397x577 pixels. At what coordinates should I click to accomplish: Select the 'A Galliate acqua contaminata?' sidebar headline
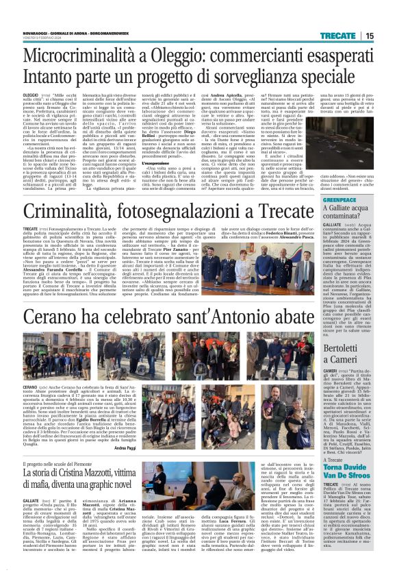[346, 215]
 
